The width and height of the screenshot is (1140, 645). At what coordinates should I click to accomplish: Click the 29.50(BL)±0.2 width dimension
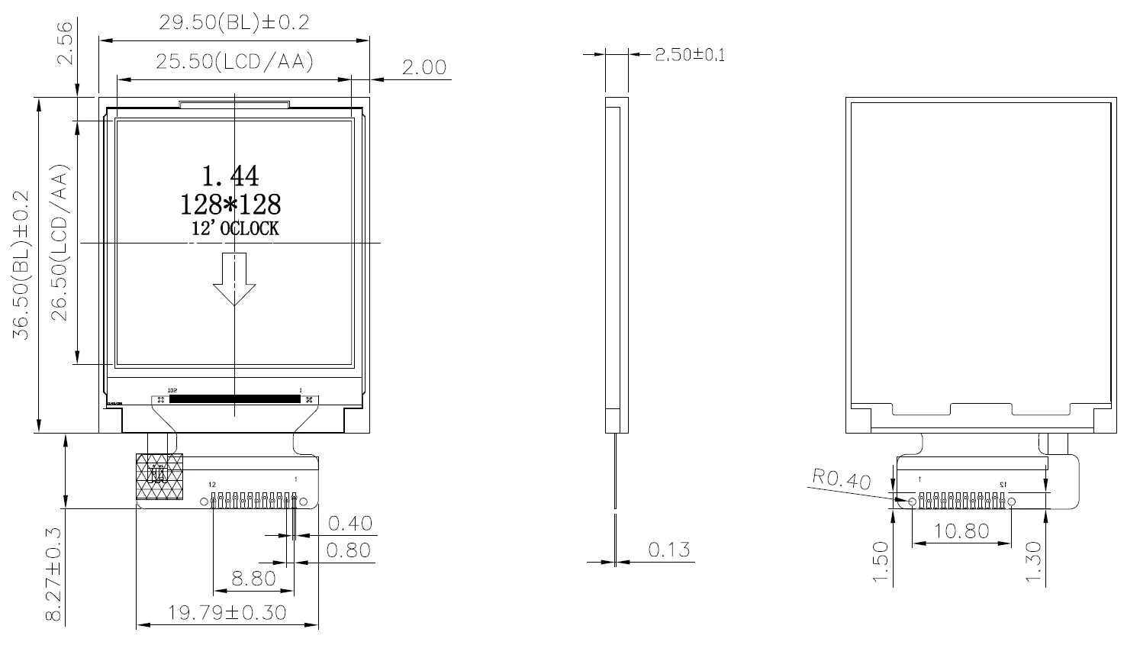click(233, 22)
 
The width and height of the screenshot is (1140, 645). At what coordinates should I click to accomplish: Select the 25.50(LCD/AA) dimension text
click(234, 62)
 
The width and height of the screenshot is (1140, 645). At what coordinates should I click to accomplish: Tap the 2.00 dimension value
click(423, 67)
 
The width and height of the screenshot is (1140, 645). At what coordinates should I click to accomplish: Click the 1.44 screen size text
click(230, 176)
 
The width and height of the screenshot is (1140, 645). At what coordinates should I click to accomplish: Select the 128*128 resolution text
click(230, 205)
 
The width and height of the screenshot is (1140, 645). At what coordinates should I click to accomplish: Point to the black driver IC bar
click(234, 398)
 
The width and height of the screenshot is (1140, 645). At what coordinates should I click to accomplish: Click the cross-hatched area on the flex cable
click(159, 477)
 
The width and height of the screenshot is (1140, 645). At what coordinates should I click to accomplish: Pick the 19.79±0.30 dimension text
click(227, 612)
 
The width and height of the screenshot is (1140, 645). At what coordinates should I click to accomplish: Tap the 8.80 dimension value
click(253, 579)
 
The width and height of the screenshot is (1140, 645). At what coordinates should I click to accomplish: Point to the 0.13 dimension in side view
click(668, 550)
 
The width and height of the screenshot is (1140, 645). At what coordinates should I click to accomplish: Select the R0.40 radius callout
click(841, 480)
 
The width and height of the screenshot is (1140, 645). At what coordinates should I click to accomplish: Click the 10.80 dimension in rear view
click(961, 531)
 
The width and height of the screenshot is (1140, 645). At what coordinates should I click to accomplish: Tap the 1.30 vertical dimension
click(1034, 562)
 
